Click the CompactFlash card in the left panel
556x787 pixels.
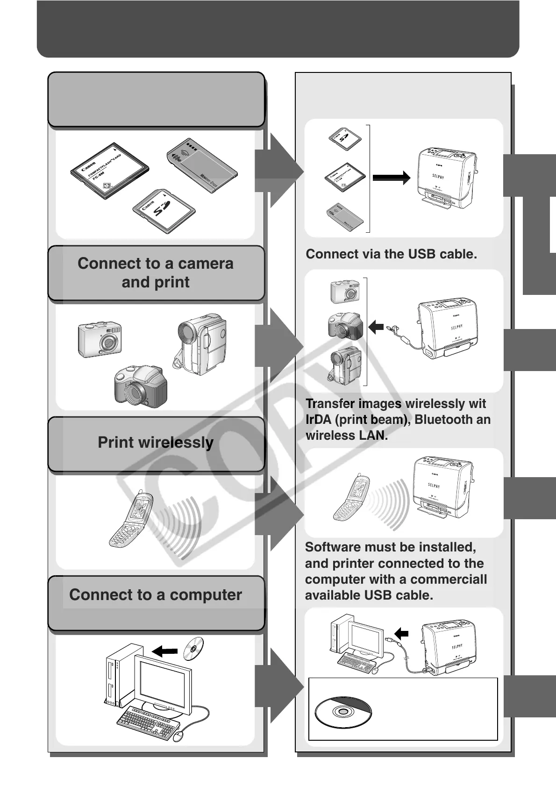pyautogui.click(x=109, y=171)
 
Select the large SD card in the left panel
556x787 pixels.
pyautogui.click(x=163, y=210)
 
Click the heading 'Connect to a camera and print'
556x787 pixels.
pyautogui.click(x=156, y=273)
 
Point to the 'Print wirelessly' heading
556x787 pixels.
pyautogui.click(x=156, y=442)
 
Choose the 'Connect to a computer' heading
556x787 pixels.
pyautogui.click(x=156, y=594)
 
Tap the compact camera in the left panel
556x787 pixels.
pyautogui.click(x=100, y=339)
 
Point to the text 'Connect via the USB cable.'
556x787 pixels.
pyautogui.click(x=391, y=254)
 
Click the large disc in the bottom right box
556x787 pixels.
pyautogui.click(x=343, y=712)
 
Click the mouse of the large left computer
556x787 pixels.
pyautogui.click(x=179, y=737)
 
